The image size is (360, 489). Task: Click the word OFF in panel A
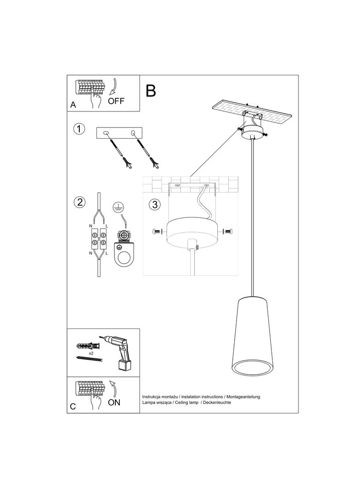pos(116,101)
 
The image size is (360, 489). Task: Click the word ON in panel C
pos(114,402)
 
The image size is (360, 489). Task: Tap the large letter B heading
pos(151,91)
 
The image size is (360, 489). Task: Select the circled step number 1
pos(80,129)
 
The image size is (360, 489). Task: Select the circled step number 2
pos(80,202)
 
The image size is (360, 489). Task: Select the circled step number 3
pos(155,204)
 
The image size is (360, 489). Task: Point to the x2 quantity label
pos(92,354)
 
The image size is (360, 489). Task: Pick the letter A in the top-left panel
pos(73,105)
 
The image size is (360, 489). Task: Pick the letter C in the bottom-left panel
pos(73,406)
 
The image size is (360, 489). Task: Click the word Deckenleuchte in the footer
pos(217,402)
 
